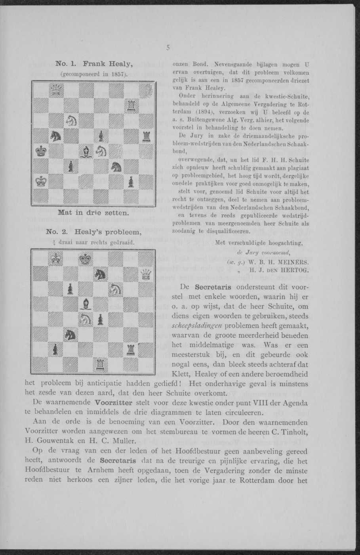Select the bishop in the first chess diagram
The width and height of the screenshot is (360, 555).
click(86, 151)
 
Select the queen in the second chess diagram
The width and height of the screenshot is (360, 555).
click(146, 274)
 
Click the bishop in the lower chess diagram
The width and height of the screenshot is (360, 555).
click(86, 304)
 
